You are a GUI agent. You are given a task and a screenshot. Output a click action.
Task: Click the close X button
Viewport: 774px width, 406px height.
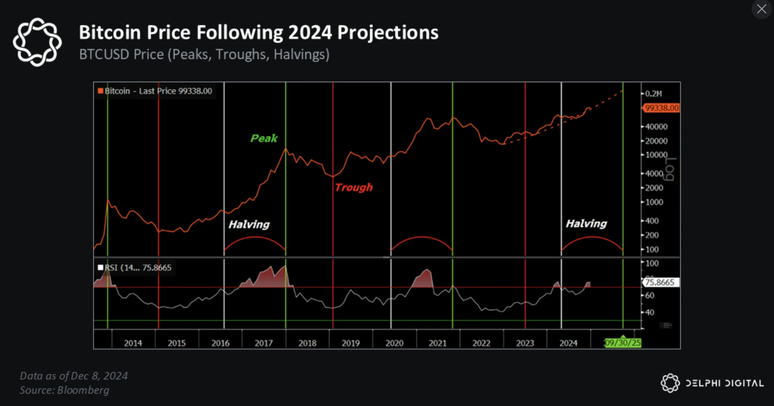(x=761, y=9)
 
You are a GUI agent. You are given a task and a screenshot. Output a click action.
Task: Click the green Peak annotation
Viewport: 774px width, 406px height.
(x=264, y=138)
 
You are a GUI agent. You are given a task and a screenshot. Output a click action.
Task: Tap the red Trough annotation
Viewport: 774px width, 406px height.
(x=354, y=187)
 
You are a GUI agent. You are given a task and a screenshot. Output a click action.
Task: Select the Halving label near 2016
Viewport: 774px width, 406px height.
(x=249, y=224)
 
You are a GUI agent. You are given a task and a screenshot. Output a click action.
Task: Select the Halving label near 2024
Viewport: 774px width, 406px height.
(x=586, y=223)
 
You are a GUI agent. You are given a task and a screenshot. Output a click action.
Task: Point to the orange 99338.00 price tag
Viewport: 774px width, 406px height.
(x=661, y=108)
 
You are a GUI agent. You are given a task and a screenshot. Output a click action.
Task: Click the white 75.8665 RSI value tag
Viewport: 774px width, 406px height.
(x=660, y=282)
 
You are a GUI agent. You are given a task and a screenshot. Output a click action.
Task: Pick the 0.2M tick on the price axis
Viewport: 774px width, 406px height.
(x=653, y=94)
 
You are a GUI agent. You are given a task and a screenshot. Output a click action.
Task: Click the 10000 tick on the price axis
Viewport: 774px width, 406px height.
(x=656, y=155)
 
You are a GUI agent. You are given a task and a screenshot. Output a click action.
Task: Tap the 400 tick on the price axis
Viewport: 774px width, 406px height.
(x=652, y=221)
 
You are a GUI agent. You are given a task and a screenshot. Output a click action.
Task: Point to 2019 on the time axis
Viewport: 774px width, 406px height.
(x=351, y=343)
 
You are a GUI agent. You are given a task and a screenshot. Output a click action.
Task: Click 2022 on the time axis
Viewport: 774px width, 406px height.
(x=481, y=343)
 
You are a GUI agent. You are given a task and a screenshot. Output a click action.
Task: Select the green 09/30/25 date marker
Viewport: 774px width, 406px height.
(x=623, y=343)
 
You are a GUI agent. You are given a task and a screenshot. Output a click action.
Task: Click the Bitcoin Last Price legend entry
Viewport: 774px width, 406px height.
(x=155, y=91)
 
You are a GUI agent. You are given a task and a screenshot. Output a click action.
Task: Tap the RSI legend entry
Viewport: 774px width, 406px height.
(x=135, y=268)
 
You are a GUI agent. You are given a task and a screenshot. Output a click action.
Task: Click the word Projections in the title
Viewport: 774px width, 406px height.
(x=388, y=33)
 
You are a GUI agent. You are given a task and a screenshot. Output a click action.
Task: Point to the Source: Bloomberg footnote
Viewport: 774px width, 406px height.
(x=65, y=390)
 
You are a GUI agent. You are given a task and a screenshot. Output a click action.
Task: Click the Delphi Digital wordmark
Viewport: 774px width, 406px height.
(x=724, y=383)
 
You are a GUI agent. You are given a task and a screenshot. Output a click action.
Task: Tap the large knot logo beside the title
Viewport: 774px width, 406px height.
(x=37, y=42)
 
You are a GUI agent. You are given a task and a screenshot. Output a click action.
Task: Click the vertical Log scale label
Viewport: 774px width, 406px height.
(x=670, y=169)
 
